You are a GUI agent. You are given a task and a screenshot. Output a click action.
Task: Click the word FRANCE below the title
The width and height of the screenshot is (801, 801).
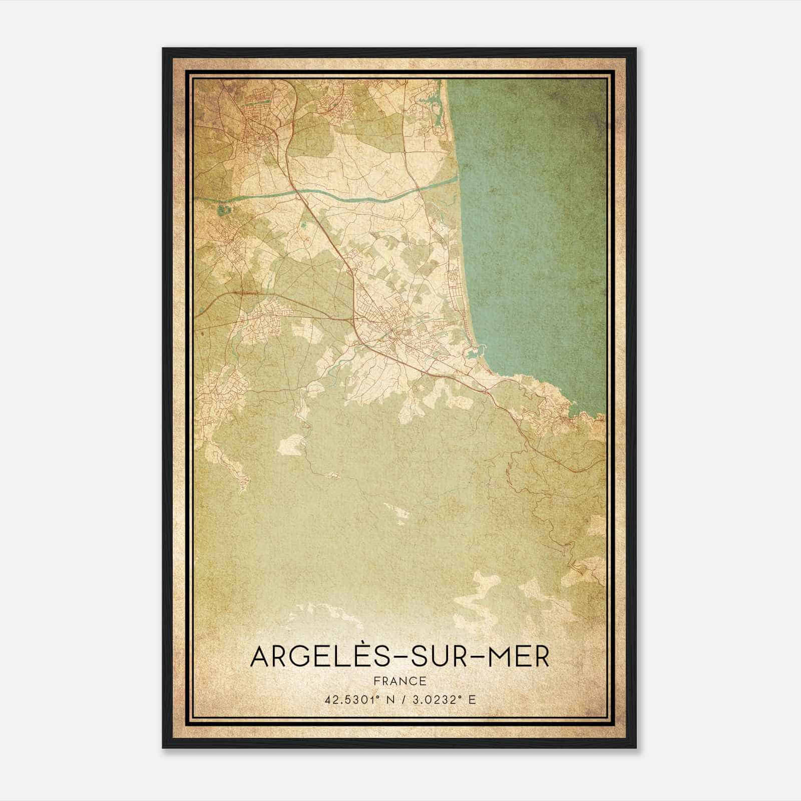(399, 681)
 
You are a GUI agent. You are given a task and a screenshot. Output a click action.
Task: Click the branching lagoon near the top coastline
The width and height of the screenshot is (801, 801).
(435, 108)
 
